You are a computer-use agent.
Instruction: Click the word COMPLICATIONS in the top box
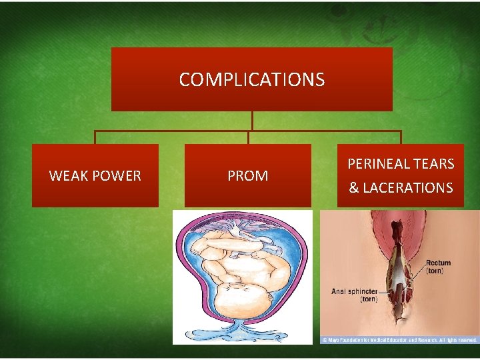point(252,80)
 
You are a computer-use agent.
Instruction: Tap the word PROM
point(248,176)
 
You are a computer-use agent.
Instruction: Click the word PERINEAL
point(377,164)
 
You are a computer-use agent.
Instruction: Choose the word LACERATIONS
point(408,188)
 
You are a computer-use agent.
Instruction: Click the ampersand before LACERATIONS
point(354,188)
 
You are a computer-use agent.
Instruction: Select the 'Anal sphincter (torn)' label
point(355,295)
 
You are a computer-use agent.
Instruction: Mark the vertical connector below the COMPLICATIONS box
point(252,121)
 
